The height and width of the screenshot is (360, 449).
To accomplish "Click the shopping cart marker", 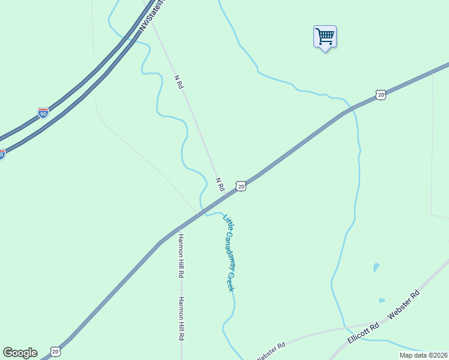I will [325, 37].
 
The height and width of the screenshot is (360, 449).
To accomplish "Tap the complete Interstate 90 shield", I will [43, 113].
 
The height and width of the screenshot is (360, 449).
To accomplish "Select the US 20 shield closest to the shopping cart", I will [381, 94].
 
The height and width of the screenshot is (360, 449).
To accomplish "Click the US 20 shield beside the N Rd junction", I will [241, 187].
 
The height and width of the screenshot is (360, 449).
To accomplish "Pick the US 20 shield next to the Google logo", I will [55, 350].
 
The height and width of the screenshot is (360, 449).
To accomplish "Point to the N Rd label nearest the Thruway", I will [178, 82].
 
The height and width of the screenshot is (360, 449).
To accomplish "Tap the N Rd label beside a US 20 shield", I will [220, 184].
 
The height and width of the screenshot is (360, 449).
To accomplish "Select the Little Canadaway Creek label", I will [228, 253].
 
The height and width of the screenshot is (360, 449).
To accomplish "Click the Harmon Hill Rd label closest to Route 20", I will [180, 256].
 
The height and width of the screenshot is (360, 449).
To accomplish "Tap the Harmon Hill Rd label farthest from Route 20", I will [180, 319].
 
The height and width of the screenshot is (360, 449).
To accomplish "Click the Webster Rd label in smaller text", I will [271, 350].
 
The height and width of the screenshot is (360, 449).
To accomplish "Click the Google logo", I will [20, 353].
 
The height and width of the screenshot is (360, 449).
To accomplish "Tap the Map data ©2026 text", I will [423, 355].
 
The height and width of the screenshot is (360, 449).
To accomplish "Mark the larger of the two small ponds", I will [376, 267].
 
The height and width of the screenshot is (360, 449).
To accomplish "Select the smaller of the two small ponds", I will [382, 301].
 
